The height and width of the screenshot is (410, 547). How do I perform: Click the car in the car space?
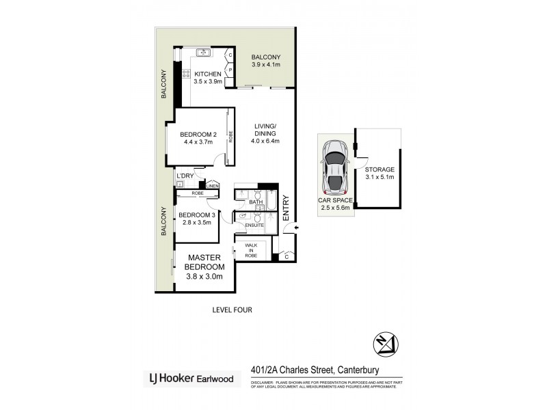[x=335, y=168]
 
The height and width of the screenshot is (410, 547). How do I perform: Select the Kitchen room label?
[x=207, y=74]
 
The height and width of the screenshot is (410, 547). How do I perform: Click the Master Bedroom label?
[x=205, y=262]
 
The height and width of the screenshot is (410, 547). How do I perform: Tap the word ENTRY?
[x=286, y=208]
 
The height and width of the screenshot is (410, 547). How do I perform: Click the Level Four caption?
[x=232, y=310]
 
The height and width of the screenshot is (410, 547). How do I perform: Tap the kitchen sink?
[x=203, y=53]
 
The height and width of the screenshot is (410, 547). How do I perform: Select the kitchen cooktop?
[x=185, y=73]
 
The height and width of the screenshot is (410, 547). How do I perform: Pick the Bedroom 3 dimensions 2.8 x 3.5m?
[x=197, y=222]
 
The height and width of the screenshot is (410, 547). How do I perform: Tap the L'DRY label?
[x=185, y=177]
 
